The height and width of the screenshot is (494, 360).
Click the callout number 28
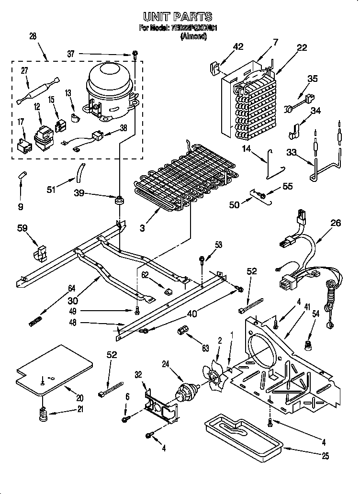point(33,37)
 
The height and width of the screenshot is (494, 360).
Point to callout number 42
point(238,46)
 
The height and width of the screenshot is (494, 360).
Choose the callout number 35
point(312,79)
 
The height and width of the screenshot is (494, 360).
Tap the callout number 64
point(71,289)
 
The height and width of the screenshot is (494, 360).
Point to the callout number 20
point(79,397)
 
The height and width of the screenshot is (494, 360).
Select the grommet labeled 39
point(118,200)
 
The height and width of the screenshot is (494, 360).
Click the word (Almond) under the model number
point(193,36)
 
